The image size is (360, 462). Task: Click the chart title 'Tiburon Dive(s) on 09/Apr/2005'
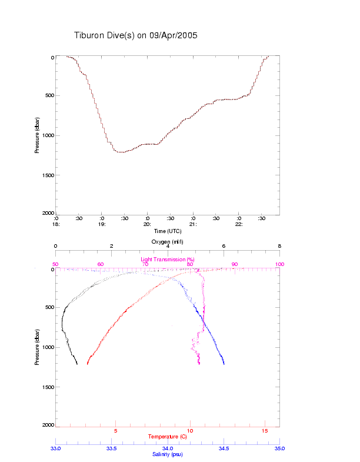point(135,35)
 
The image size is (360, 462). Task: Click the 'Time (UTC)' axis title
point(168,231)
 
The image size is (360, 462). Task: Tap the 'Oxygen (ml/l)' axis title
point(168,242)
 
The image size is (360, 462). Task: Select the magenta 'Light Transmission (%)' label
point(168,259)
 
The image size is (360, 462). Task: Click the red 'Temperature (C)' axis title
point(168,437)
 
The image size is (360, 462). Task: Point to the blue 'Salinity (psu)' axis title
point(168,454)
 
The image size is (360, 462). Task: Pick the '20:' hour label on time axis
point(148,224)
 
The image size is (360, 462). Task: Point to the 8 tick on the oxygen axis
point(279,246)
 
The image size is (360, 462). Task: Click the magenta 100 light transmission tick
point(279,264)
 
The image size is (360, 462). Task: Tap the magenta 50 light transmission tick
point(55,264)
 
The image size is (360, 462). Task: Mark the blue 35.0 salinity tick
point(279,448)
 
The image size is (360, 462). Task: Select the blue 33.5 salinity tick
point(112,448)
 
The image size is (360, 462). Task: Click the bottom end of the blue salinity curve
point(224,364)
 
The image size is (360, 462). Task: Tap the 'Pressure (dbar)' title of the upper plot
point(37,135)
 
